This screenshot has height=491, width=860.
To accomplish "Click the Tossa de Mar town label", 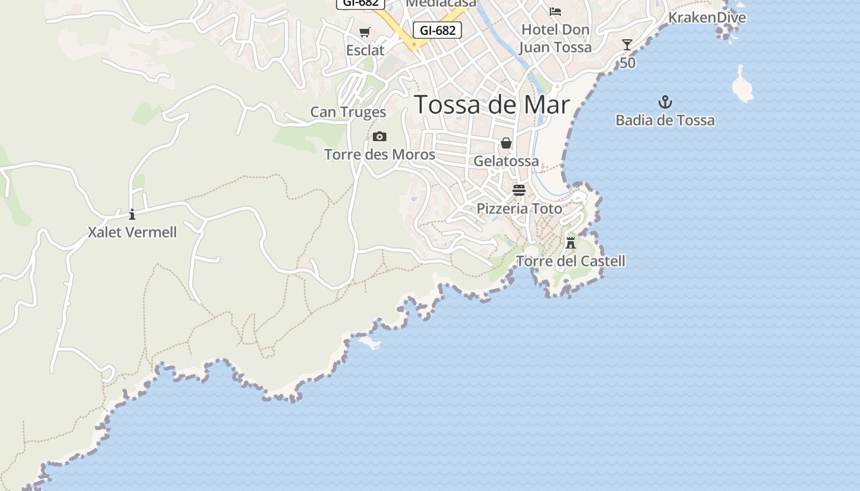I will click(492, 105).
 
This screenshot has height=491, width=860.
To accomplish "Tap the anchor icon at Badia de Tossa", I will click(665, 102).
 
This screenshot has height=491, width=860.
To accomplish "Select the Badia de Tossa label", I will click(665, 120).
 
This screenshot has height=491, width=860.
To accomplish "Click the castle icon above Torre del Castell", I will click(571, 242).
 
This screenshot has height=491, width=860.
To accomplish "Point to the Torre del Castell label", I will click(571, 261).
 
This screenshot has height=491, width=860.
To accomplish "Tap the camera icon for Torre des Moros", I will click(380, 136).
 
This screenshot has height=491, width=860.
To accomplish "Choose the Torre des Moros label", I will click(380, 154).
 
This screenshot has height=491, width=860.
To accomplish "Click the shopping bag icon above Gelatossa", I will click(506, 143).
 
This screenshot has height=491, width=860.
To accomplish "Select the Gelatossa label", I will click(506, 161).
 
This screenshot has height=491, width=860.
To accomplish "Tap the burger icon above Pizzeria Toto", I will click(519, 190).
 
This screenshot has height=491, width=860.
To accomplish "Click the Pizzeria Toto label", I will click(519, 209).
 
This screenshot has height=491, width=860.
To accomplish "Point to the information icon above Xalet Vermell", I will click(132, 214).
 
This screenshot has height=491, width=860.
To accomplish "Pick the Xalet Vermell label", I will click(132, 232).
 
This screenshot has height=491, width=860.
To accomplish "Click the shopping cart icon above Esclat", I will click(365, 32).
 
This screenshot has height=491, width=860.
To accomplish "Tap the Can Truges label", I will click(348, 112).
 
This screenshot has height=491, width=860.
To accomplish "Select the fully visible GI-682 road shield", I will click(437, 29).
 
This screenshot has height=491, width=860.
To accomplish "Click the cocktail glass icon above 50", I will click(627, 45).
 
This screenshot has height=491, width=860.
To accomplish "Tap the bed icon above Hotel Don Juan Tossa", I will click(555, 11).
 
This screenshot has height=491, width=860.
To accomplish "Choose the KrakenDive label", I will click(707, 17).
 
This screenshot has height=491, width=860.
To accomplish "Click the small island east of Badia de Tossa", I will click(742, 85).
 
